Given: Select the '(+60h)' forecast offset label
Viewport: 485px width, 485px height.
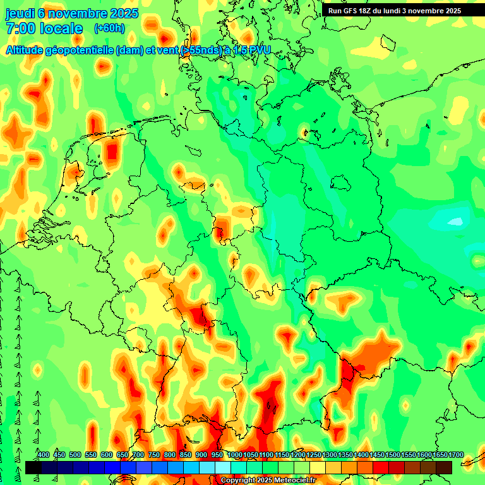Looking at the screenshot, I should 109,28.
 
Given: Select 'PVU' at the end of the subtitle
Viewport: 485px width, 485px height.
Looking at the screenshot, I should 259,51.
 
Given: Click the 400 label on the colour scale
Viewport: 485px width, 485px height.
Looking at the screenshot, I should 44,455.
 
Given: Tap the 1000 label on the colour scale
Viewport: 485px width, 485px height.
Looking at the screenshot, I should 234,455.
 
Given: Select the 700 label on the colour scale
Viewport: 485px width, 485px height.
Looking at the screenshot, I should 138,455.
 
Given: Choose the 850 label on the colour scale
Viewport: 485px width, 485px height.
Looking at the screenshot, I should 186,455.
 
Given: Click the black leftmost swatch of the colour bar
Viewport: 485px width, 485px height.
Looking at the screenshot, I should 33,467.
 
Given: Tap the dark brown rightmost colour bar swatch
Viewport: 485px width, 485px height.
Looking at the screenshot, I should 444,467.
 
